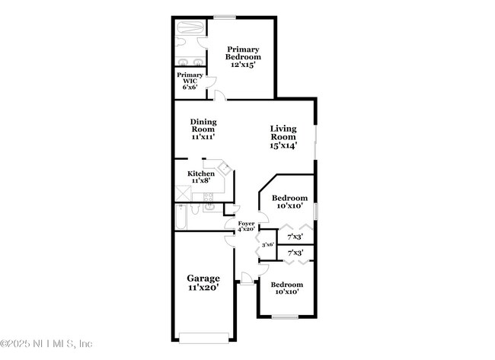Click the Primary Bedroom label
tap(243, 56)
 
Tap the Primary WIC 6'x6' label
tap(190, 81)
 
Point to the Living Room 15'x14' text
tap(283, 136)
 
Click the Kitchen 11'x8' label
tap(201, 177)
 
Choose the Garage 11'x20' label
tap(203, 283)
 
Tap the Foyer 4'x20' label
tap(246, 225)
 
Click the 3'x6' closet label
tap(268, 244)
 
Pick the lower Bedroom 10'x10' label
tap(286, 288)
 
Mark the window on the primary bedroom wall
tap(224, 17)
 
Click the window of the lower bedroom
tap(286, 317)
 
